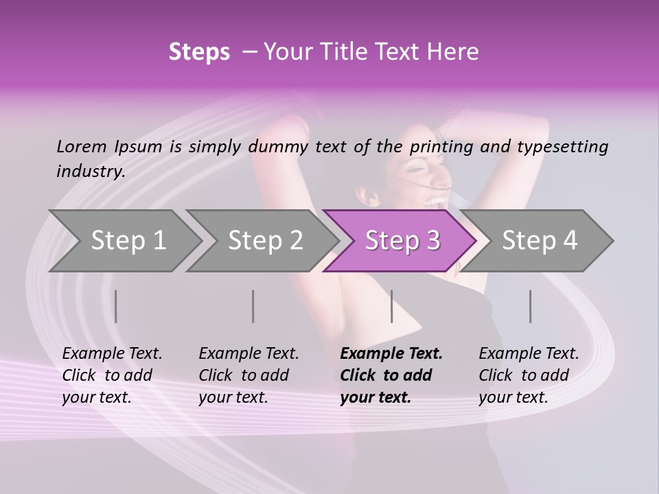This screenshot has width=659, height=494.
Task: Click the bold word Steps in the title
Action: pos(199,52)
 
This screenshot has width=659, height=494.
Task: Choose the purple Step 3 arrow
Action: pos(402,240)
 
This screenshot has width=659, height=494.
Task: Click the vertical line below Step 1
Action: pos(116,306)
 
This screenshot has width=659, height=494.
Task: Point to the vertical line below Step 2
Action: pos(253,306)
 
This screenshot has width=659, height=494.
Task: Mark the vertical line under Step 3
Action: pos(391,306)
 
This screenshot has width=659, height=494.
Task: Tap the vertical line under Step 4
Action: pos(530,306)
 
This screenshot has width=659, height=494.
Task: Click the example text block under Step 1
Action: pos(112,375)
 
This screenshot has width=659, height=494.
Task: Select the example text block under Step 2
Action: pos(248,375)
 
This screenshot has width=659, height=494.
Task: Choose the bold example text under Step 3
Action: pos(391,375)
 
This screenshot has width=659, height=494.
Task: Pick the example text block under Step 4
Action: pos(529,375)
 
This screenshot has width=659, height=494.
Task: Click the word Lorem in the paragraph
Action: pos(82,146)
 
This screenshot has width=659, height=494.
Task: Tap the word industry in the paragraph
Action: pos(91,171)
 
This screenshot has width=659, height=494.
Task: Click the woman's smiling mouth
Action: pos(435,201)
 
